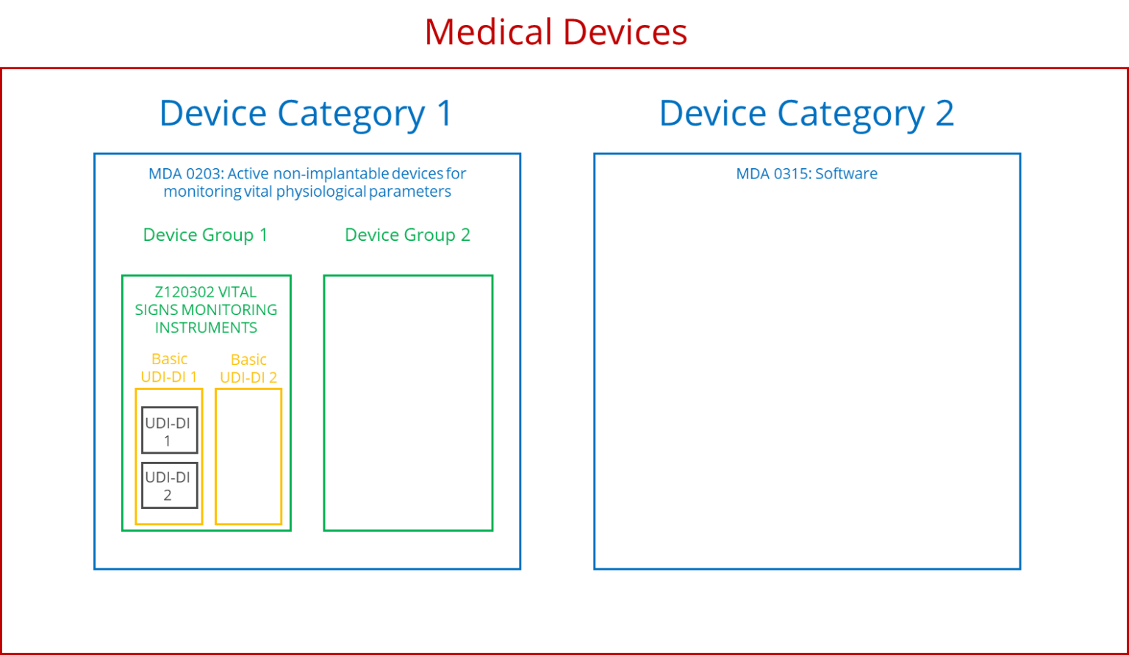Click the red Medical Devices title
(x=556, y=33)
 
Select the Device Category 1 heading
(x=306, y=113)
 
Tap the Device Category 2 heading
(x=806, y=113)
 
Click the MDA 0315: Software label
(x=806, y=174)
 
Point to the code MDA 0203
(x=185, y=174)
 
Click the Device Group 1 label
(x=204, y=236)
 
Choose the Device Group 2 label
(x=407, y=236)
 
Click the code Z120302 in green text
(x=184, y=292)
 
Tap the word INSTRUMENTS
(x=206, y=327)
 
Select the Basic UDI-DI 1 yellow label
(x=169, y=368)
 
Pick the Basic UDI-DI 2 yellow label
(x=248, y=369)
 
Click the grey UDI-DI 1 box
(x=169, y=431)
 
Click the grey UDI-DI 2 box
(x=169, y=485)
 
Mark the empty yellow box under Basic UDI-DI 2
(x=248, y=457)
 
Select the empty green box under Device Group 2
(x=408, y=403)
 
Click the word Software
(x=846, y=174)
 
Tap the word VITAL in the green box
(x=237, y=292)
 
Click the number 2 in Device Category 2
(x=944, y=113)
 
